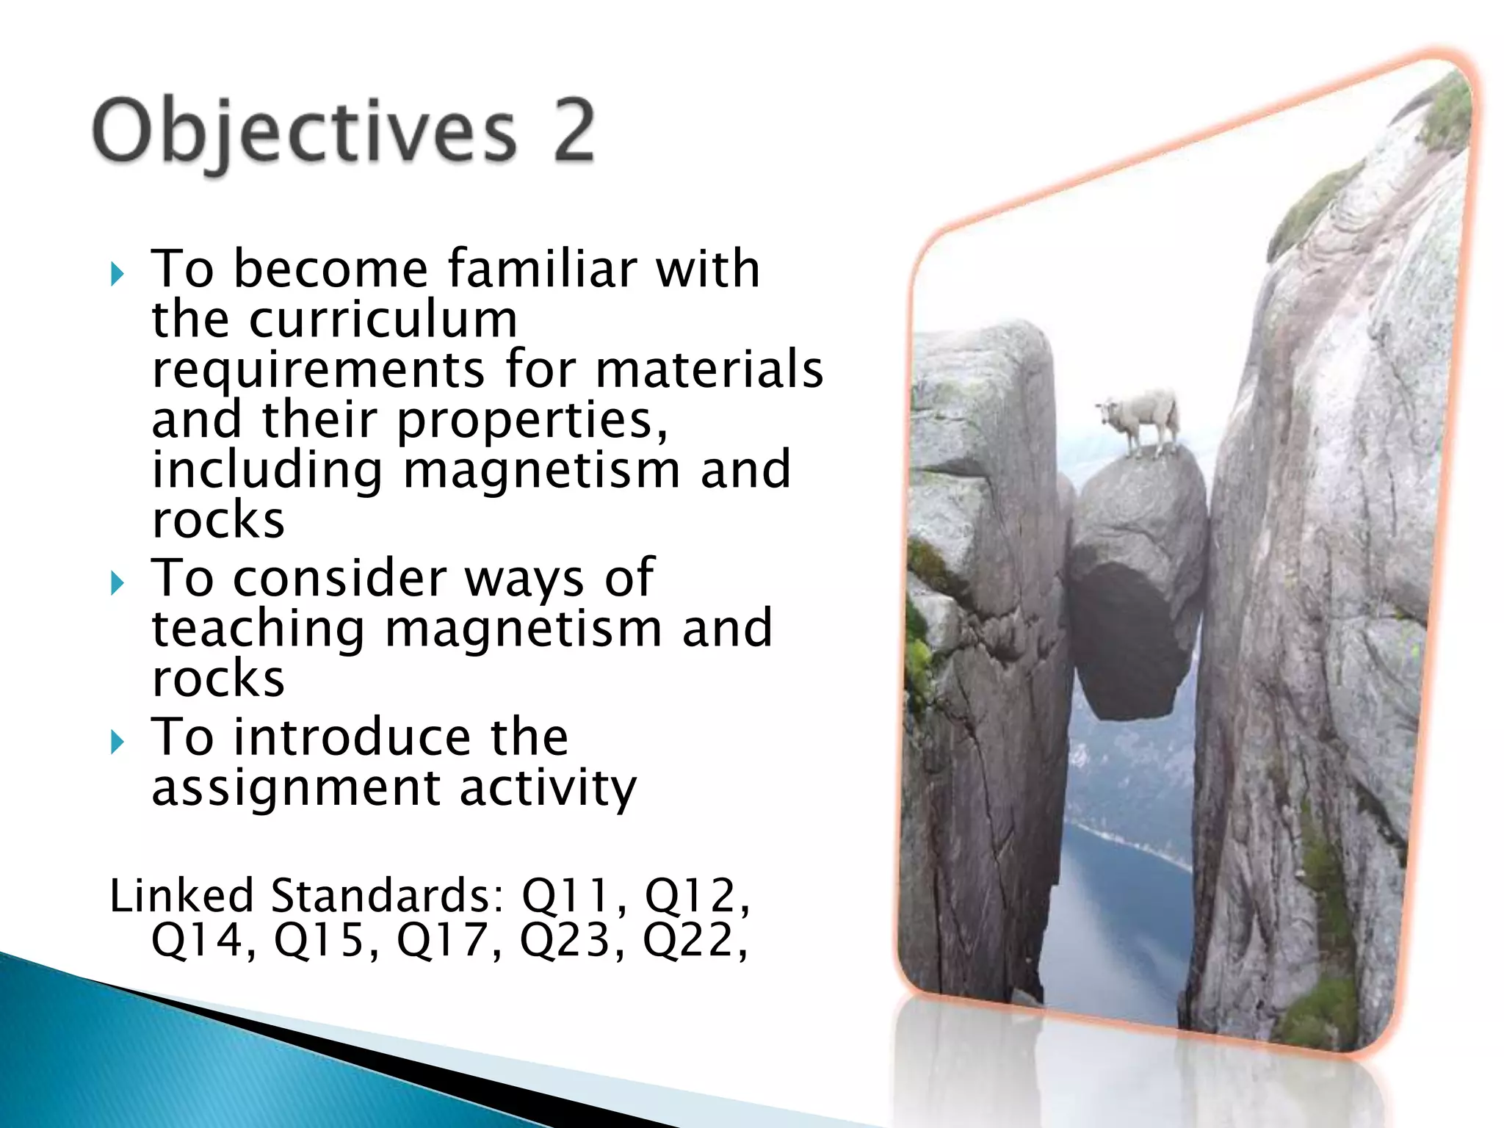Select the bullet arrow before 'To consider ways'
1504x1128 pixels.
(117, 584)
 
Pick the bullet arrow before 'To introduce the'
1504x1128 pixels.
(117, 742)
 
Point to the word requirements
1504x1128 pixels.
(318, 370)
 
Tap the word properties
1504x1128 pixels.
(532, 422)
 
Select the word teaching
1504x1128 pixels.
(258, 629)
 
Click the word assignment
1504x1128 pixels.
(295, 787)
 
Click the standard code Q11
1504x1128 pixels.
(565, 895)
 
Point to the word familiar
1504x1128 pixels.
(542, 269)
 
